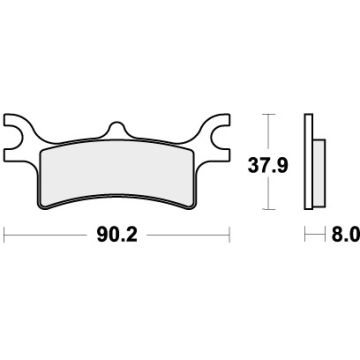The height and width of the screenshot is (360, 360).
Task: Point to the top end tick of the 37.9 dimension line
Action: (269, 116)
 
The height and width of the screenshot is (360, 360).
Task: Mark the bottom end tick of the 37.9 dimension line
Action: (269, 208)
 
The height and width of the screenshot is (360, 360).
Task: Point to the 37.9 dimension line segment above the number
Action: (269, 132)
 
